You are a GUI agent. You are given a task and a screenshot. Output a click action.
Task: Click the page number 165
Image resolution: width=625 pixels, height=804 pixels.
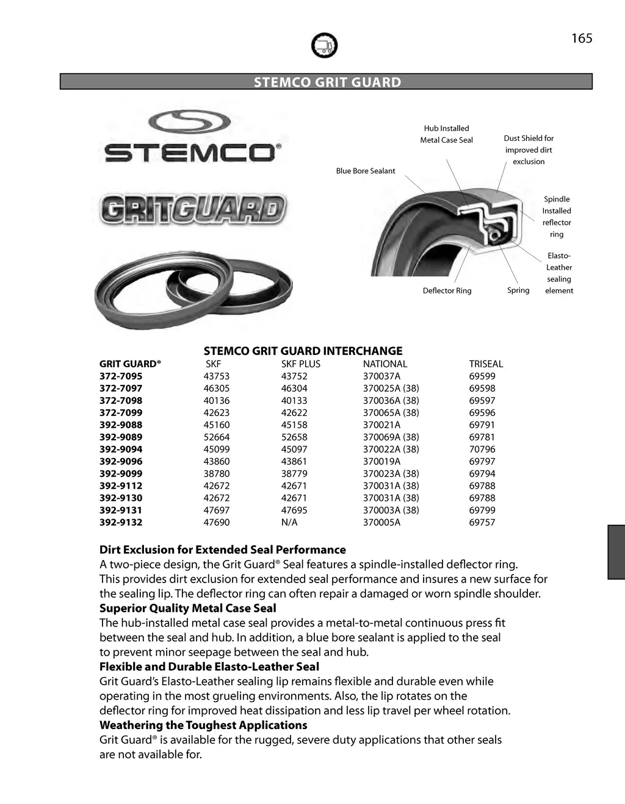[582, 38]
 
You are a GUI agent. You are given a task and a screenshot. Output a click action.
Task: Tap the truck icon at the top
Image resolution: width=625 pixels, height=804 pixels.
[324, 45]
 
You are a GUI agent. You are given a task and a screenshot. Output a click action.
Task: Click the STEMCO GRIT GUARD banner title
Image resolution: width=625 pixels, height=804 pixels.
[327, 82]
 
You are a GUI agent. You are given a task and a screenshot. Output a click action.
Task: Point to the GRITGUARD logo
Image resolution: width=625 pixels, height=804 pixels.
[193, 210]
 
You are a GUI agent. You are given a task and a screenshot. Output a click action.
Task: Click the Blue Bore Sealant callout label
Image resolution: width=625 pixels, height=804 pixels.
[365, 171]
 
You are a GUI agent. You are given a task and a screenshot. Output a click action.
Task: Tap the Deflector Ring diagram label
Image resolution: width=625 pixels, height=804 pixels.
[447, 291]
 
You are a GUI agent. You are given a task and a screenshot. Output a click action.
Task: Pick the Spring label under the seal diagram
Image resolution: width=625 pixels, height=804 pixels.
[518, 290]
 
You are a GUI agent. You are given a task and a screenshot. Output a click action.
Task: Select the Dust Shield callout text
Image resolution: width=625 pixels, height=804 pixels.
[529, 150]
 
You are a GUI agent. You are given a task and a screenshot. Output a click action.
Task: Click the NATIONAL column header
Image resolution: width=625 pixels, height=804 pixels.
[385, 364]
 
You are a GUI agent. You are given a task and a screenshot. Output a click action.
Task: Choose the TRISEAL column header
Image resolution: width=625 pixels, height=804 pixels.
[486, 364]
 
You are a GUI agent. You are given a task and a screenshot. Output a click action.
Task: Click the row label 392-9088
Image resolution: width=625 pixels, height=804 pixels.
[121, 425]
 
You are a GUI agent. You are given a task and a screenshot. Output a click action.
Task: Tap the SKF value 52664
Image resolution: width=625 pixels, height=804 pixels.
[217, 437]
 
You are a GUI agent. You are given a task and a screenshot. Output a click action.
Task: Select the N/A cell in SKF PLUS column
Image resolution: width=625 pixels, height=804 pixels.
[289, 523]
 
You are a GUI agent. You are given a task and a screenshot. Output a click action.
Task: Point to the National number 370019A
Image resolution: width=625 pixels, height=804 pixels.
[381, 462]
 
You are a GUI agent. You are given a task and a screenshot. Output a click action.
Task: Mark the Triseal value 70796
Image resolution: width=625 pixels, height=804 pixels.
[482, 450]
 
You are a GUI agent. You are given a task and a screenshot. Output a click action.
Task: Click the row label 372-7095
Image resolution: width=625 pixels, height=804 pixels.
[121, 376]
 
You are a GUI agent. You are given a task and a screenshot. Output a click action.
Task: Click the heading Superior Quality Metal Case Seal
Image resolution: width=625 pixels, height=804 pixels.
[187, 608]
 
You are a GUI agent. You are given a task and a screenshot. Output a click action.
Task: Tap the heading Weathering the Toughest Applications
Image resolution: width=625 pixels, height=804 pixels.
[203, 725]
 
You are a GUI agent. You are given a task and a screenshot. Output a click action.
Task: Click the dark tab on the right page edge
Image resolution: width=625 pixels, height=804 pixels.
[616, 551]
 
